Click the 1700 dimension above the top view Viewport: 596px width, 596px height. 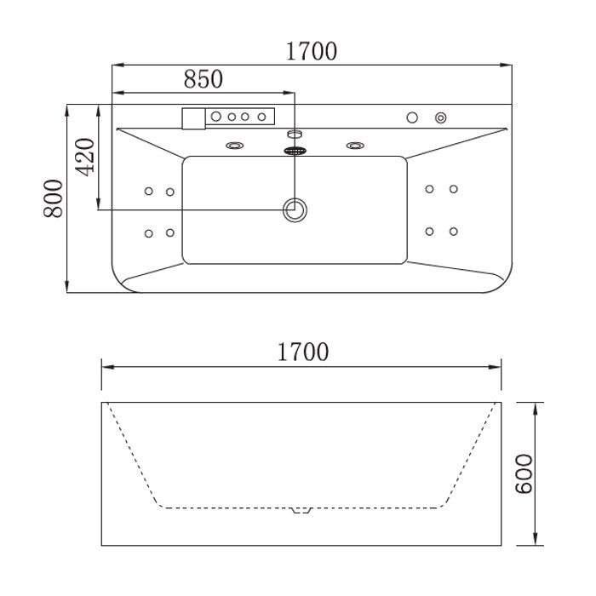coord(311,51)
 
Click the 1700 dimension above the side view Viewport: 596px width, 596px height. coord(303,352)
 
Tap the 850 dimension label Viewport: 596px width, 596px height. coord(203,78)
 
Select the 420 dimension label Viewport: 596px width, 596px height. coord(84,157)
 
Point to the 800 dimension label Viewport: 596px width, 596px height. coord(53,198)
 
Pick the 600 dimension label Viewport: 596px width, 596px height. coord(524,473)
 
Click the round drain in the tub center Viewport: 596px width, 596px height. coord(295,209)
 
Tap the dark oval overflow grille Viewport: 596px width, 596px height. coord(295,151)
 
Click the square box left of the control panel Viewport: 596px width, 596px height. coord(194,118)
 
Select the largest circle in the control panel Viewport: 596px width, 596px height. coord(216,117)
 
